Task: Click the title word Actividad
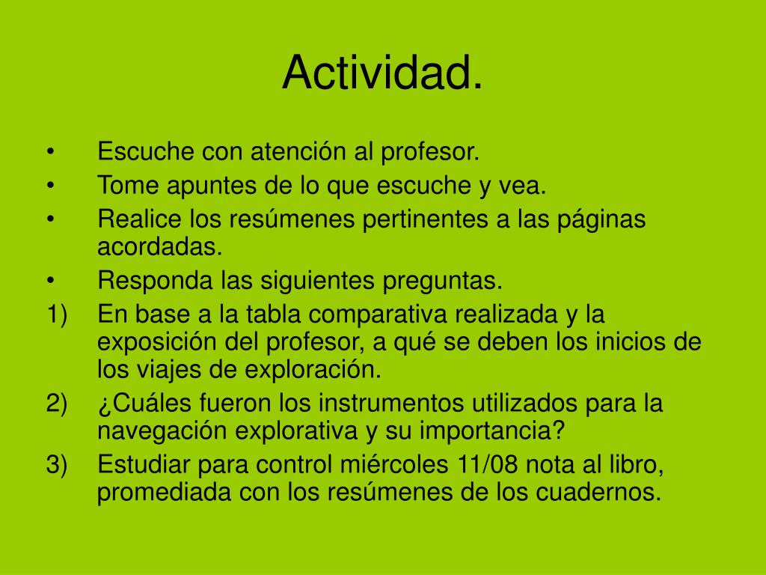coord(382,73)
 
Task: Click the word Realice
coord(140,219)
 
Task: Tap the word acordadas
coord(159,246)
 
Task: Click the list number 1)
coord(57,315)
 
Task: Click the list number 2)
coord(57,404)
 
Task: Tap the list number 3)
coord(57,465)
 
